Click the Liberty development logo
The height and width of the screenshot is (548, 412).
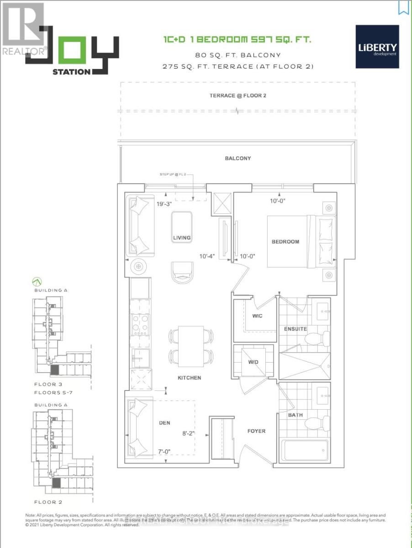pos(377,47)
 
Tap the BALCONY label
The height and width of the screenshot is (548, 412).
pos(238,158)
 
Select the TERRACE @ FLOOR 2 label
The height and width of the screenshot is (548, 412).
pos(238,95)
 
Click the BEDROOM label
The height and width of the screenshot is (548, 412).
pos(285,242)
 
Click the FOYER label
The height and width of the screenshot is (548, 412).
pos(256,431)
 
